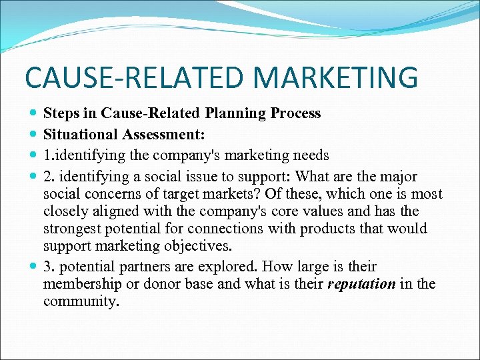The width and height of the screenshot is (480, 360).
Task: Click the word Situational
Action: click(81, 135)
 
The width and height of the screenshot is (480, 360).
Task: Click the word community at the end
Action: click(81, 301)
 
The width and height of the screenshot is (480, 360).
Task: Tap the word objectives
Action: click(199, 246)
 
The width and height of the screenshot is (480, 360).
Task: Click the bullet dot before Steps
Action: click(34, 114)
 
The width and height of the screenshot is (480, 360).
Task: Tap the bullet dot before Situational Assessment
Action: click(34, 135)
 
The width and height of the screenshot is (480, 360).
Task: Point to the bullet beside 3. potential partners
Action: click(34, 267)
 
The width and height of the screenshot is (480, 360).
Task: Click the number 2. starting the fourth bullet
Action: click(49, 177)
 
